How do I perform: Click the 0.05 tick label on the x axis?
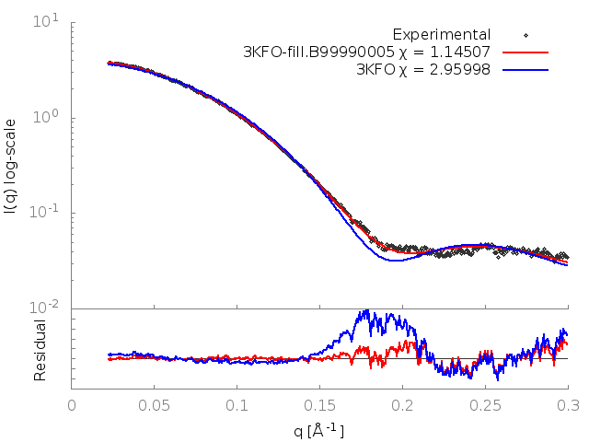pyautogui.click(x=155, y=404)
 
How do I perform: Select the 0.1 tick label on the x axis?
pyautogui.click(x=237, y=404)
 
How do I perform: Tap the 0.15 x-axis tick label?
pyautogui.click(x=320, y=404)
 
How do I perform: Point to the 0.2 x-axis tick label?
pyautogui.click(x=403, y=404)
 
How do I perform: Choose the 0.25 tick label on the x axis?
pyautogui.click(x=485, y=404)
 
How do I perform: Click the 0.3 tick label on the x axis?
pyautogui.click(x=568, y=404)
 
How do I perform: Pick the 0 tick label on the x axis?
pyautogui.click(x=73, y=404)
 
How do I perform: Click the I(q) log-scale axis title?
pyautogui.click(x=12, y=166)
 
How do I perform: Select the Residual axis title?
pyautogui.click(x=40, y=350)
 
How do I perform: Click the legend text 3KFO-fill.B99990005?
pyautogui.click(x=312, y=52)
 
